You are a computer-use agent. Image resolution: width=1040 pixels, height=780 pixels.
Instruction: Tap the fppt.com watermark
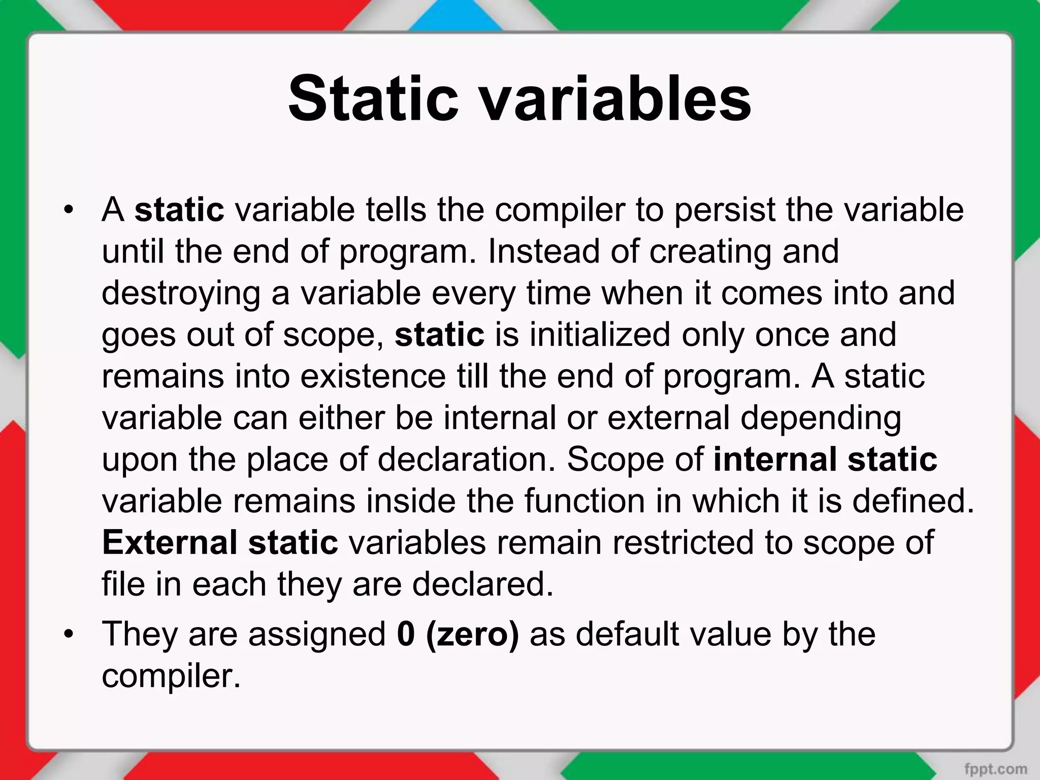996,768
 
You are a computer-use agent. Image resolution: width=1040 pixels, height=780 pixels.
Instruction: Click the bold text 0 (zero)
458,634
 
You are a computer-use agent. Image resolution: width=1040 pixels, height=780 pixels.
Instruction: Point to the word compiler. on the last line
171,676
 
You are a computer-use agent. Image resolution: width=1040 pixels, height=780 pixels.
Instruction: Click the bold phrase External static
220,542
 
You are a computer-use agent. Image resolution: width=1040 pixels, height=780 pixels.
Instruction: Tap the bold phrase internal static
825,459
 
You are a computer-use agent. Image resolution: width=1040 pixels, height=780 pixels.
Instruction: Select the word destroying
181,293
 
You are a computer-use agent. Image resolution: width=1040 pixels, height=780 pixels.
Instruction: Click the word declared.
482,584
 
